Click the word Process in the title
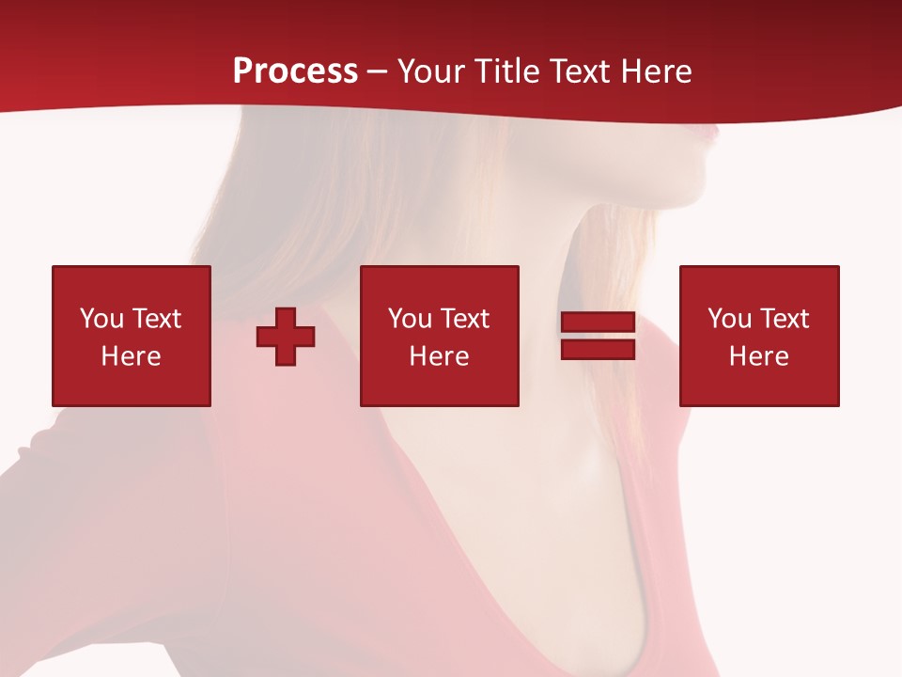click(x=295, y=71)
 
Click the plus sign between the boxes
click(x=286, y=336)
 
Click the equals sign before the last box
click(x=598, y=336)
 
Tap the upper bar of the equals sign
click(x=598, y=323)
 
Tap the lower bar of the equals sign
click(x=598, y=349)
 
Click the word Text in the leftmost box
click(x=156, y=319)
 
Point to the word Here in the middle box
click(x=439, y=356)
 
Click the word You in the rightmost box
click(x=729, y=319)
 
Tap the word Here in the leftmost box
click(x=131, y=356)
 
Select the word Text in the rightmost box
click(x=784, y=319)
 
